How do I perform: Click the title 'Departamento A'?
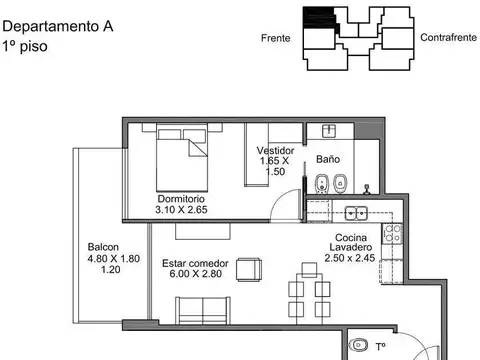point(56,28)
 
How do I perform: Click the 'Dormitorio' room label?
point(181,197)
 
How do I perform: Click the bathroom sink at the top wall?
point(326,131)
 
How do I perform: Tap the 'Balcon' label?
point(103,247)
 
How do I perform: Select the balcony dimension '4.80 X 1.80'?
point(104,258)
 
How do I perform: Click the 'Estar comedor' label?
point(195,263)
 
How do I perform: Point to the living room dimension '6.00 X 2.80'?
point(194,275)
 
